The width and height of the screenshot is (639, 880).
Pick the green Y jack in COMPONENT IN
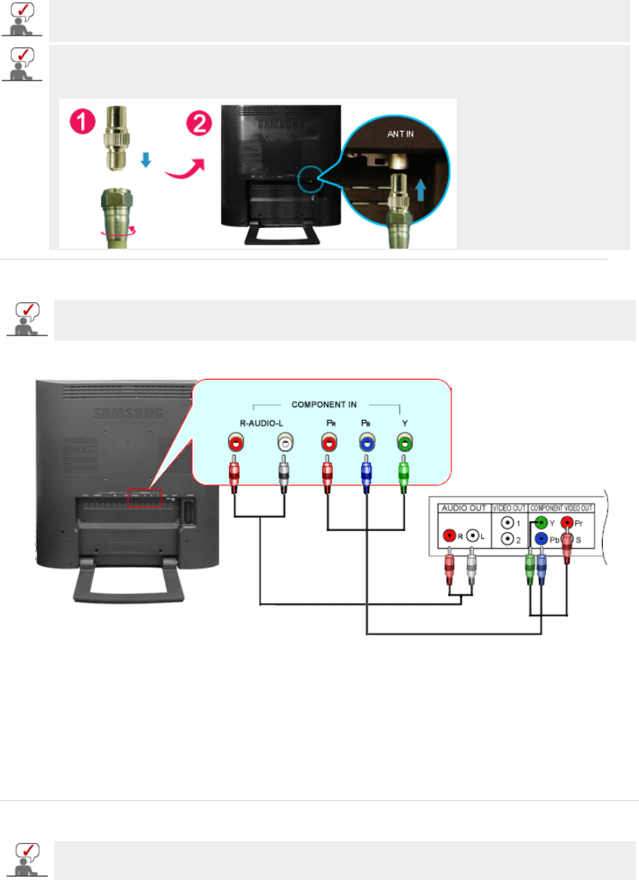coord(405,444)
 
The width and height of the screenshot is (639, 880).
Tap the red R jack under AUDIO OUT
coord(450,535)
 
